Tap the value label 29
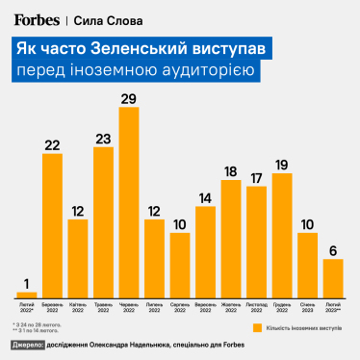pos(129,98)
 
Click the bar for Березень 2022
pos(52,225)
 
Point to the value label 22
pos(52,145)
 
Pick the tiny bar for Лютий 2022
pos(27,294)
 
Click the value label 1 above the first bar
pos(27,282)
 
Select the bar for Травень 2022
pos(103,221)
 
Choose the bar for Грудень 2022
pos(282,235)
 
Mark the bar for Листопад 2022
pos(256,241)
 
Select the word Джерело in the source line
pos(27,345)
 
